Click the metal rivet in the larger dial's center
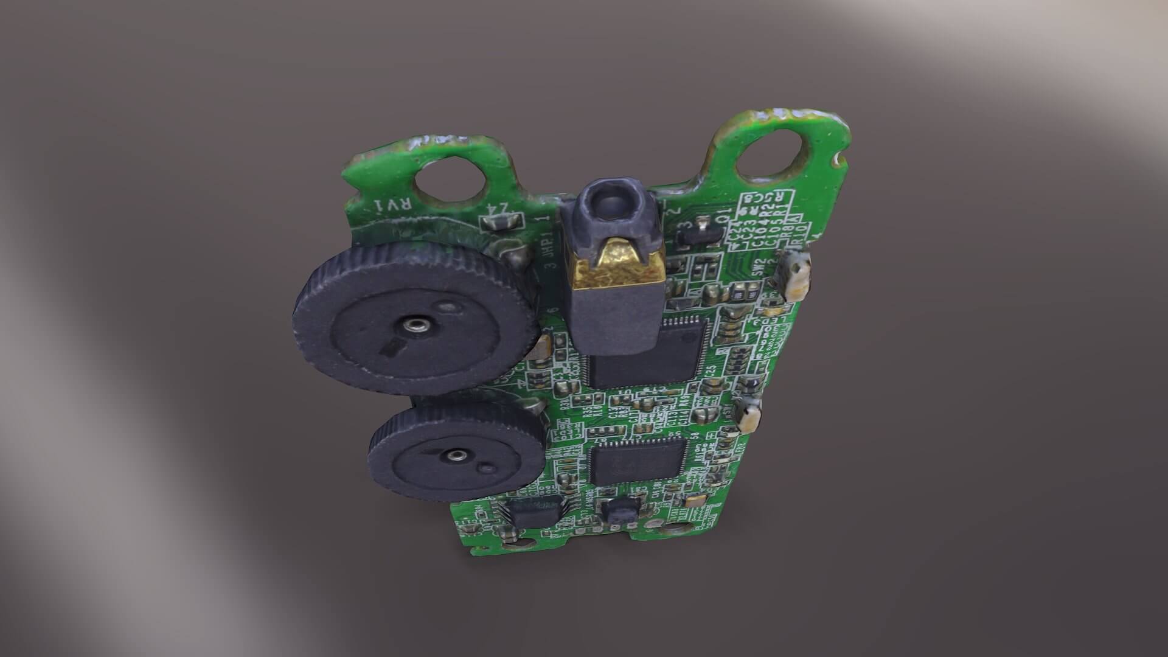415,321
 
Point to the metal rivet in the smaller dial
455,454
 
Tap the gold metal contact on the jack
615,264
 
